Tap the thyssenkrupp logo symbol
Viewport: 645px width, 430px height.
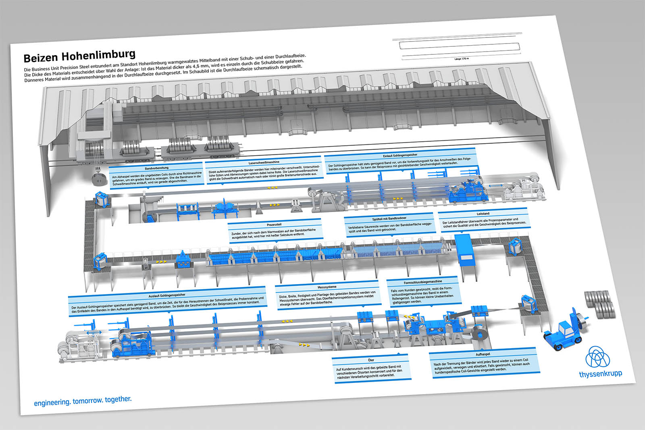(598, 357)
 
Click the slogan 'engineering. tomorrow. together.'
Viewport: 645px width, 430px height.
(83, 401)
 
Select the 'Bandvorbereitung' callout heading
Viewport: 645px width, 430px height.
(157, 168)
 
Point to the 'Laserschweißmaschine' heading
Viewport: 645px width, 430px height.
(264, 162)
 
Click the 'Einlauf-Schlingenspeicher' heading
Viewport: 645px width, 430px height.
(400, 155)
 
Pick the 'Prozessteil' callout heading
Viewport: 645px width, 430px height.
(274, 224)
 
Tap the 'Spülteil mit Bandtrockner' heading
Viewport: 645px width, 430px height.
(389, 219)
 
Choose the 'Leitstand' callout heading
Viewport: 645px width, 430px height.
(483, 214)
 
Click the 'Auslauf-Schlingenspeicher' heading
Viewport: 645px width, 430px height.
(167, 295)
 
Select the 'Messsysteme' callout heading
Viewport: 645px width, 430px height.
(327, 287)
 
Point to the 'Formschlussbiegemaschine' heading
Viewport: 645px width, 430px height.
(423, 282)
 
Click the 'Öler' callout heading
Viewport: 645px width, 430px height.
(371, 360)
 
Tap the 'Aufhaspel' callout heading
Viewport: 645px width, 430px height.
(483, 354)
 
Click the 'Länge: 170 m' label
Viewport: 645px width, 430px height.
(462, 59)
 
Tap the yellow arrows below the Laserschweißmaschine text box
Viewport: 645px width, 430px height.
(272, 187)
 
